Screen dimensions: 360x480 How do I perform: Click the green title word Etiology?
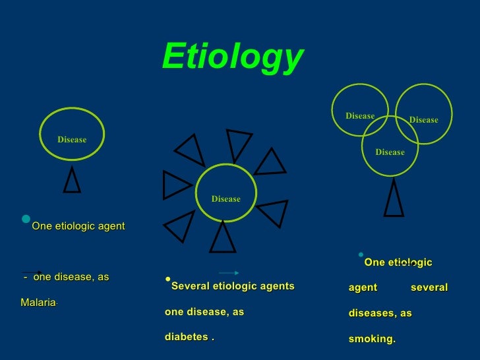click(x=232, y=57)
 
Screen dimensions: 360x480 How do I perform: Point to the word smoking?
click(x=371, y=339)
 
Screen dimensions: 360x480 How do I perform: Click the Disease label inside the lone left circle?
click(x=72, y=139)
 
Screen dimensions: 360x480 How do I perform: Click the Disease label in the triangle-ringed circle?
click(x=225, y=198)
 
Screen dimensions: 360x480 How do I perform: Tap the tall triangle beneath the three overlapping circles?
click(x=394, y=199)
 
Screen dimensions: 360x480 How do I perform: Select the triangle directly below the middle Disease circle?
click(x=223, y=237)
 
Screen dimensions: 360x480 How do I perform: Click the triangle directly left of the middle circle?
click(x=175, y=185)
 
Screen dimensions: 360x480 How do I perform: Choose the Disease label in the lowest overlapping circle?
click(x=390, y=152)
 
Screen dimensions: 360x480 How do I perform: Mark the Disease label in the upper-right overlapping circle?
click(x=423, y=120)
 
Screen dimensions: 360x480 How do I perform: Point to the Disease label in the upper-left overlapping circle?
click(x=360, y=116)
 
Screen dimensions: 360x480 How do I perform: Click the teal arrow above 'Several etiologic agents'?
click(x=229, y=272)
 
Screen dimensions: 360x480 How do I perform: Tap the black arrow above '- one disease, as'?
click(x=32, y=272)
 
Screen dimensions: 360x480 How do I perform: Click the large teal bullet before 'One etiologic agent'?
click(x=26, y=219)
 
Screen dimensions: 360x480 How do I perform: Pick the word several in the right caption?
click(x=429, y=287)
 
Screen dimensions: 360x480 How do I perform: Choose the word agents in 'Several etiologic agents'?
click(x=279, y=286)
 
